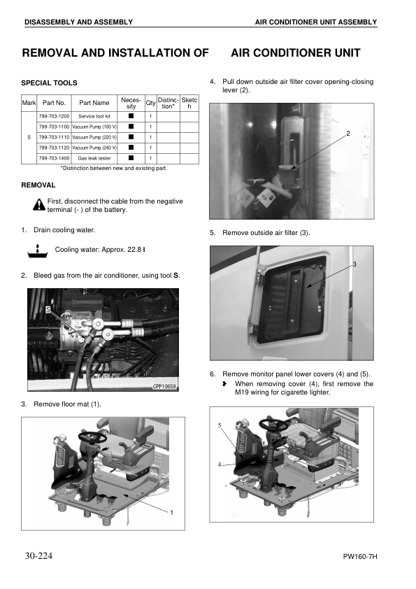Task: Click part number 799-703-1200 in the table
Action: [x=54, y=116]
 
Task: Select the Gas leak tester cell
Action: [x=94, y=158]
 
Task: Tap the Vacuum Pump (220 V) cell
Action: [x=94, y=137]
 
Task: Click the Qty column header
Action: [x=150, y=103]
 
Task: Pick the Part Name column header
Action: [x=94, y=103]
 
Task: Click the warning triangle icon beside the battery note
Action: [x=39, y=205]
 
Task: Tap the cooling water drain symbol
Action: [x=38, y=251]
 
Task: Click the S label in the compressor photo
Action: [x=48, y=309]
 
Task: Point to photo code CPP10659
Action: [x=164, y=386]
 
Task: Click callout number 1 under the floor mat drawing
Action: [x=171, y=512]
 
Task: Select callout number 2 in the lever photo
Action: [x=348, y=134]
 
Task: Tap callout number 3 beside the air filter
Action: [x=354, y=264]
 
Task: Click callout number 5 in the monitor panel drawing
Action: [x=220, y=425]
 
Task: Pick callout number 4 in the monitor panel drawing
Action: [x=220, y=464]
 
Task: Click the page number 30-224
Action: [x=38, y=555]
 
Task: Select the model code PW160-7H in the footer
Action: [x=360, y=557]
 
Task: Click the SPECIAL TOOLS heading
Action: [x=49, y=83]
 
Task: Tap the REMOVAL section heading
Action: [x=38, y=185]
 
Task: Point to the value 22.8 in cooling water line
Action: [x=134, y=250]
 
